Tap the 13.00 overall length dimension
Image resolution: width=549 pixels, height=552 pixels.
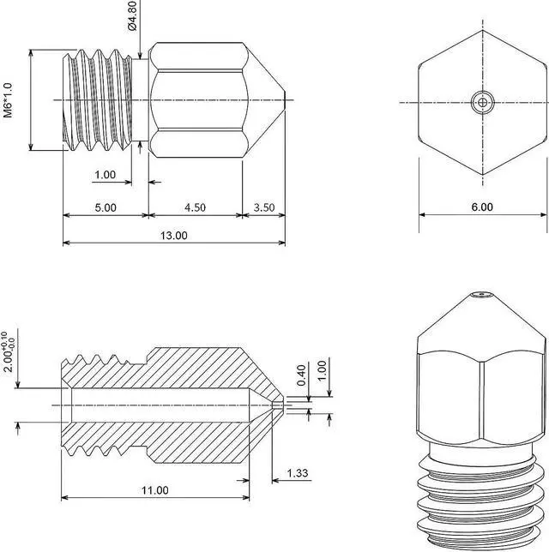tap(173, 235)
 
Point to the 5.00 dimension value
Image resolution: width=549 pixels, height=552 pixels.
tap(106, 207)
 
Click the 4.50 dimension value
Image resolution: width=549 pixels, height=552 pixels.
tap(196, 207)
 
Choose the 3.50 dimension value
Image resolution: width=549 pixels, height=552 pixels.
tap(264, 207)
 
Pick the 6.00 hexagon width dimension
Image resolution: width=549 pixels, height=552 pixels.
tap(482, 207)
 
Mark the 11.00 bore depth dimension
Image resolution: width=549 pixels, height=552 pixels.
tap(155, 490)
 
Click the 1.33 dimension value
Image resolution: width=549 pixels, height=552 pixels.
tap(298, 473)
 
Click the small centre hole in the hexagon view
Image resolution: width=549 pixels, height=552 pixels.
tap(483, 103)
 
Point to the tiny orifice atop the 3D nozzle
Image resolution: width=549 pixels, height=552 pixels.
tap(483, 297)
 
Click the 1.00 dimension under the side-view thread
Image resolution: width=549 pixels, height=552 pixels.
tap(105, 175)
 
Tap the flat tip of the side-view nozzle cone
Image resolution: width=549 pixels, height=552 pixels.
tap(284, 100)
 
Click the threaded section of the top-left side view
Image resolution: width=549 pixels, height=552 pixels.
tap(100, 100)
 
